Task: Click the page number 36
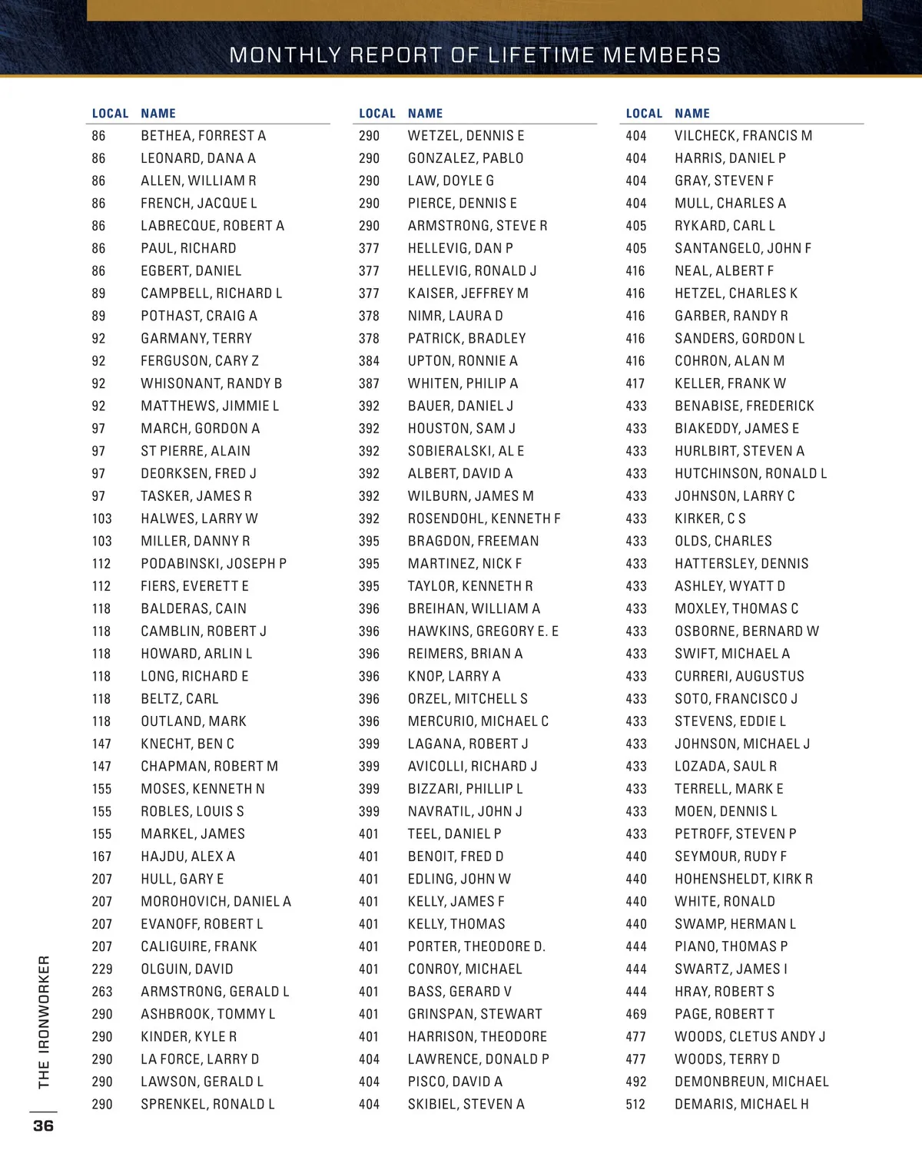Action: [x=43, y=1126]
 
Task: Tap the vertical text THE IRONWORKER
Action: [x=44, y=1022]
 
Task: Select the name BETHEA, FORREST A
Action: [x=203, y=136]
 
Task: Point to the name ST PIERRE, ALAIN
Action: [x=195, y=451]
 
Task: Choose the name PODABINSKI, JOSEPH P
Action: [x=214, y=564]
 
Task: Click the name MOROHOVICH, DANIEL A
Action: [x=216, y=902]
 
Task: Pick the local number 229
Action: [x=102, y=969]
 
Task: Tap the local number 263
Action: [x=102, y=992]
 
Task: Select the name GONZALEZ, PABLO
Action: [x=466, y=158]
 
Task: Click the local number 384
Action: [x=369, y=361]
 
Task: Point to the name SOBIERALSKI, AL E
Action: [x=466, y=451]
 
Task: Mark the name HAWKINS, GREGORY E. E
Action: [x=483, y=631]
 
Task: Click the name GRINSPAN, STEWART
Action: [x=475, y=1014]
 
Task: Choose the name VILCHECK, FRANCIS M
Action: [x=743, y=136]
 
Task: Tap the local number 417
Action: [x=635, y=383]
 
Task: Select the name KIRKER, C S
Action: [x=710, y=519]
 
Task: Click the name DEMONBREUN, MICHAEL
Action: [x=751, y=1082]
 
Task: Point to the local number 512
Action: [x=635, y=1105]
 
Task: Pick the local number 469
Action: [x=635, y=1014]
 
